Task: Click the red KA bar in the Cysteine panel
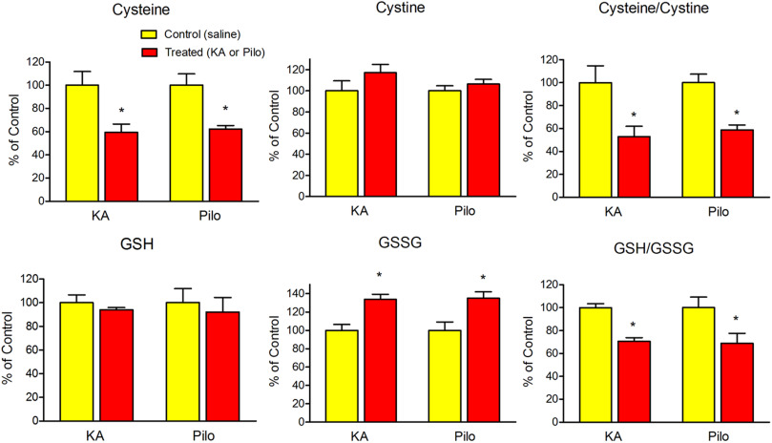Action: (120, 167)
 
